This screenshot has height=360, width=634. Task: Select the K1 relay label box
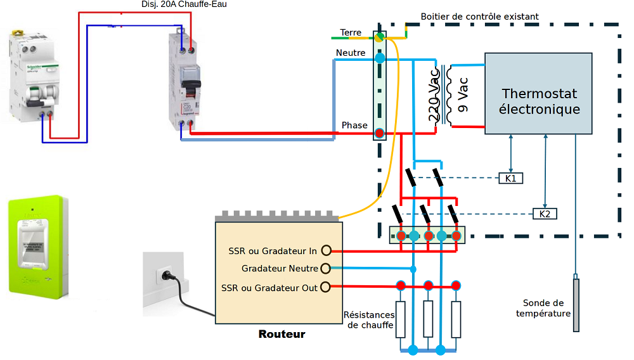510,178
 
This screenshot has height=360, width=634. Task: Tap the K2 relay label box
545,214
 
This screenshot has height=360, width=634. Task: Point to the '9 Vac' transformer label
462,95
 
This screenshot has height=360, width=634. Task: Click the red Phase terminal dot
379,133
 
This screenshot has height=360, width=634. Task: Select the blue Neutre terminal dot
380,58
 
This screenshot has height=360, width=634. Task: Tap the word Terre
351,32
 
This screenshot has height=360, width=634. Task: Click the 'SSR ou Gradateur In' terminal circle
326,250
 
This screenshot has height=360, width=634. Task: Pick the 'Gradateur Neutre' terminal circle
326,269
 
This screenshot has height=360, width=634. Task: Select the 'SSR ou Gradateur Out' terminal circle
326,287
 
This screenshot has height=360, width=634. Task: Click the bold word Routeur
281,334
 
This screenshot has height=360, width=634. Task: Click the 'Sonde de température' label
543,308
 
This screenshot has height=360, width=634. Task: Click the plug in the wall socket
169,276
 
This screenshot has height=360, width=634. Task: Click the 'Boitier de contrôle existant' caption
479,16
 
